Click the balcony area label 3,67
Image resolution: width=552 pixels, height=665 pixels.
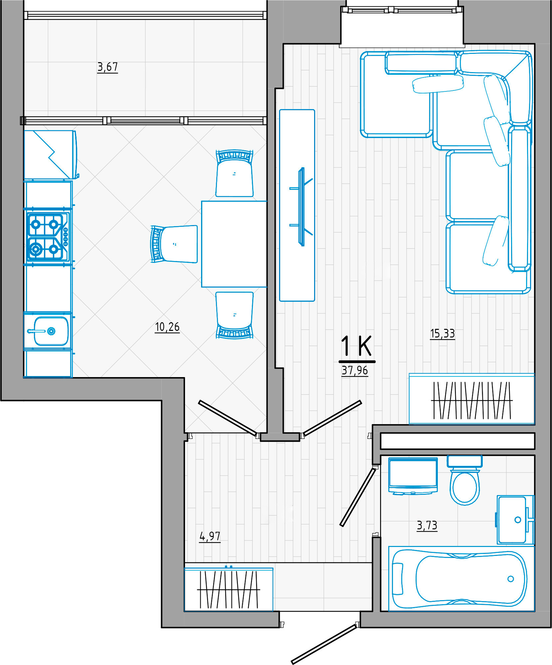(x=107, y=67)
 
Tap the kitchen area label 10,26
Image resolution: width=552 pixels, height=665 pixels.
(x=167, y=327)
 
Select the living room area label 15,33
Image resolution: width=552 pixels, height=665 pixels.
(x=443, y=333)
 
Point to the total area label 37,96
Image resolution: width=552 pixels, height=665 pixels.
(x=355, y=370)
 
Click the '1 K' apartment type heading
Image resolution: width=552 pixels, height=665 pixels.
(x=356, y=346)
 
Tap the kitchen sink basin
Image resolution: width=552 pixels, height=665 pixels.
(x=51, y=331)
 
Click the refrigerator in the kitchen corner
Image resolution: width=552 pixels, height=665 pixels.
(x=50, y=155)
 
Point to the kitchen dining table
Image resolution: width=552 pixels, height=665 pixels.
(x=234, y=244)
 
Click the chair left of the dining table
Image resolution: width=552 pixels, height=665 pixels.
(x=174, y=244)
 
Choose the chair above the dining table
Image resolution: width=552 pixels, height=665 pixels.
(x=235, y=173)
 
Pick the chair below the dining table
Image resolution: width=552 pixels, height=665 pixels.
(x=235, y=315)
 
